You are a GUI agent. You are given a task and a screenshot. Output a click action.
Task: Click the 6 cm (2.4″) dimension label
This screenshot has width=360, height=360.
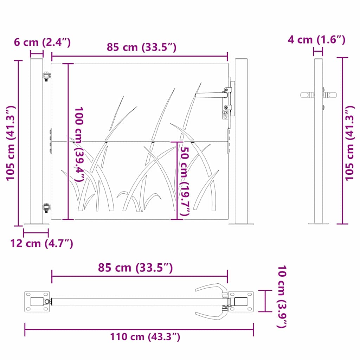pos(42,43)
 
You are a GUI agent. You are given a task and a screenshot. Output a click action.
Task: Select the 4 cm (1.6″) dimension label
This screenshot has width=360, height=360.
pos(317,40)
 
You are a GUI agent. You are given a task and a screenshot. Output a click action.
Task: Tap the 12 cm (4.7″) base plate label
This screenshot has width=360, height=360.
pos(42,243)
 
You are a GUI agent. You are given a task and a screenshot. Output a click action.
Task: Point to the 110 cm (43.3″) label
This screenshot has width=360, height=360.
pos(145,337)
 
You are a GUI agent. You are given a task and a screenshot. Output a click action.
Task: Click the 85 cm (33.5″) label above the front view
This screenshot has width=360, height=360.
pos(142,47)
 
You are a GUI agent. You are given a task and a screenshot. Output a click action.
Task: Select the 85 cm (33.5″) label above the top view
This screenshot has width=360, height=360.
pos(135,268)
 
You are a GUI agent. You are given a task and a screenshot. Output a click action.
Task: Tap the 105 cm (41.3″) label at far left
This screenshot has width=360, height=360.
pos(11,143)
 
